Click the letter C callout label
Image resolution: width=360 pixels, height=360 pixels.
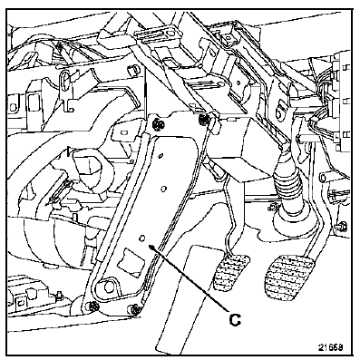point(235,320)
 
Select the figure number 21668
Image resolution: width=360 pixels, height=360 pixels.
point(330,347)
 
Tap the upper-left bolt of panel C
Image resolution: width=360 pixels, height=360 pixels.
point(157,123)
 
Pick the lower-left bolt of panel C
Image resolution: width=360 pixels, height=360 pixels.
point(93,306)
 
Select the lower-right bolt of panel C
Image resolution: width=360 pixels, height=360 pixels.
point(135,310)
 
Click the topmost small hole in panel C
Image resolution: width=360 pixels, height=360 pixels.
point(161,156)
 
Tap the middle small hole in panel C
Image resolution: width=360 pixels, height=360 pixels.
point(163,189)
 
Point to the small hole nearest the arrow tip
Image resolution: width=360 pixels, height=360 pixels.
point(142,238)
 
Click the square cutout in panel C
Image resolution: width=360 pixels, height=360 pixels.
point(130,260)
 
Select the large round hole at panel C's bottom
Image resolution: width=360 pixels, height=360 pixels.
point(108,287)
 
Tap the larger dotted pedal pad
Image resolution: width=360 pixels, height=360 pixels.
point(288,277)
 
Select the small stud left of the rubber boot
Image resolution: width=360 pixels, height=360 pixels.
point(272,208)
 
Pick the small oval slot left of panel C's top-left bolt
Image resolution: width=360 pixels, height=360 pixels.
point(123,132)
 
